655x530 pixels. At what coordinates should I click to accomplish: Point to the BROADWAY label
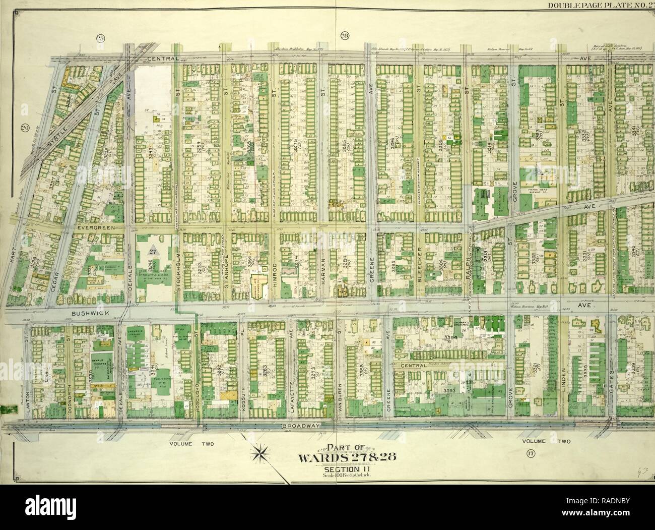pyautogui.click(x=301, y=426)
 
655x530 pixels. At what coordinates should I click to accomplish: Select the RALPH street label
pyautogui.click(x=467, y=266)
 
